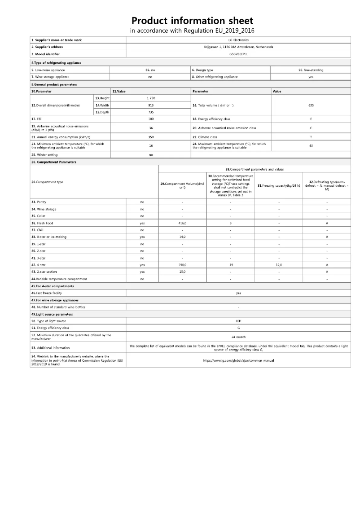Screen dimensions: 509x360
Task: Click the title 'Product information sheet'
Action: [x=192, y=21]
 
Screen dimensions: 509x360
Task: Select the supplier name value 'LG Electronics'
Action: [x=238, y=40]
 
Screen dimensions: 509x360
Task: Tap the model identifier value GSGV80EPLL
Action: [x=238, y=53]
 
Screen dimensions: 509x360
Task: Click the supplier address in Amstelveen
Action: [x=238, y=47]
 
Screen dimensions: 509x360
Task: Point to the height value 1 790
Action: [x=151, y=98]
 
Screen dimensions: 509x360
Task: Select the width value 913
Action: [x=151, y=105]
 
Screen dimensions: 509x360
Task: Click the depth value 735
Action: [x=151, y=112]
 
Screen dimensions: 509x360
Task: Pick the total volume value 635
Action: [x=311, y=105]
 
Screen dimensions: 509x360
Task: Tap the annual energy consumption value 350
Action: [x=151, y=136]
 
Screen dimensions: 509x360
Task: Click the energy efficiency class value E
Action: [x=311, y=119]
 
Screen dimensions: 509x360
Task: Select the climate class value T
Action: [x=311, y=136]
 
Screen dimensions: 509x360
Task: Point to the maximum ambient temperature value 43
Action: [x=311, y=145]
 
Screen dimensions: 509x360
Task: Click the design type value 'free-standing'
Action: [x=311, y=70]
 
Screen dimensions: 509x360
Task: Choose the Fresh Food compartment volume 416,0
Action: [x=182, y=223]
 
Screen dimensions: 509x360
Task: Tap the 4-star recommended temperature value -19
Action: [x=230, y=265]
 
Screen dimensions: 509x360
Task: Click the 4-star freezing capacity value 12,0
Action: [x=279, y=265]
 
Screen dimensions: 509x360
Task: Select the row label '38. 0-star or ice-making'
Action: [x=50, y=237]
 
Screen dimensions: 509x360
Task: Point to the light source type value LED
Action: [x=238, y=321]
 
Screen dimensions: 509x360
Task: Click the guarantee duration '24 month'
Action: [x=238, y=337]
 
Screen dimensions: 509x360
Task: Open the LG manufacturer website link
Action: [x=238, y=360]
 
